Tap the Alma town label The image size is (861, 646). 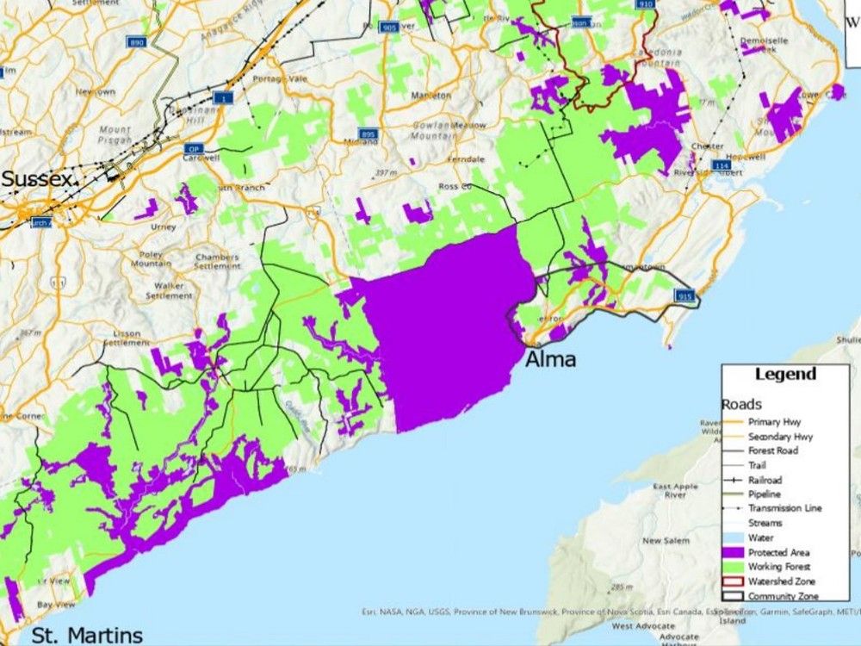tap(550, 359)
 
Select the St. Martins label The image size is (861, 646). tap(87, 636)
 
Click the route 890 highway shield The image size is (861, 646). tap(136, 42)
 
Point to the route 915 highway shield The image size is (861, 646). tap(685, 296)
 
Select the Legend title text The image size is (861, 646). tap(784, 375)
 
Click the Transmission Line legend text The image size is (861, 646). tap(784, 508)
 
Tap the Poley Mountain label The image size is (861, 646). tap(152, 260)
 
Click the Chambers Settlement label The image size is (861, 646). tap(216, 261)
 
